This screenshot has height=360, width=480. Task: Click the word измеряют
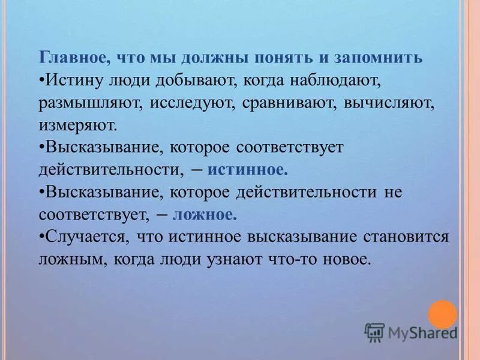(x=76, y=125)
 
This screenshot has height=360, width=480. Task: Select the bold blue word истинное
(x=247, y=170)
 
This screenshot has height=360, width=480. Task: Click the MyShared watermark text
(x=422, y=332)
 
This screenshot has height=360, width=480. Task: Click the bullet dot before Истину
(x=41, y=80)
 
